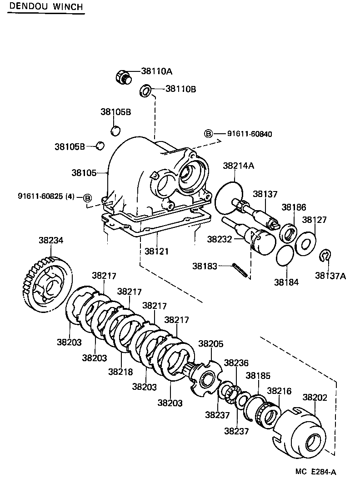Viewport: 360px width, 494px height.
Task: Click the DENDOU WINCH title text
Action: click(x=45, y=6)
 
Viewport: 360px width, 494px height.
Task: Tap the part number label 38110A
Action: click(x=157, y=71)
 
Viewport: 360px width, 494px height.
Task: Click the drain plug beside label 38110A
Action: click(x=122, y=77)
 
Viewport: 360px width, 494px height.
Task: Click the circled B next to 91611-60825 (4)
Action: click(x=87, y=197)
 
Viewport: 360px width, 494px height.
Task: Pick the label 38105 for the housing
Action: click(x=84, y=173)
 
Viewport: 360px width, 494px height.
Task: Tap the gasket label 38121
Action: click(x=157, y=251)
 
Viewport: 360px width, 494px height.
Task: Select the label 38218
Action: click(x=120, y=372)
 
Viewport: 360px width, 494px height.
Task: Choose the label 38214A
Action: click(x=238, y=166)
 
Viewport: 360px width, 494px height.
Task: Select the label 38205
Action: click(x=211, y=344)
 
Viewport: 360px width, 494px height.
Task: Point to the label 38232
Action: click(x=220, y=239)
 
